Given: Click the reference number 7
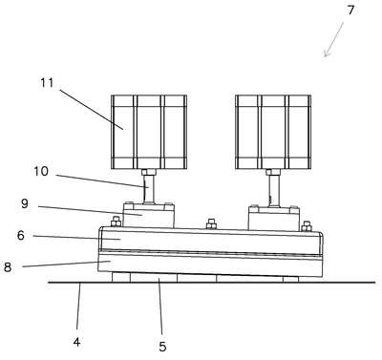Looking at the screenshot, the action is [350, 11].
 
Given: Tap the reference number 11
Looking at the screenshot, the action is [47, 83].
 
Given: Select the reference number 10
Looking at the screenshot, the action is [41, 171].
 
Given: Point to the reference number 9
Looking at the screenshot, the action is [25, 203].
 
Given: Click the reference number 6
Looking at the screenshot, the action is [21, 236].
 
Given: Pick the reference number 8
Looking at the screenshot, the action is [8, 267].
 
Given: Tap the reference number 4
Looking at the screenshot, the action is [76, 342].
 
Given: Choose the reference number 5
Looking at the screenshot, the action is [162, 347].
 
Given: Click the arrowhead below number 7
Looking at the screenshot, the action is [326, 54].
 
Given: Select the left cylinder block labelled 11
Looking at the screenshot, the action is [149, 132].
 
